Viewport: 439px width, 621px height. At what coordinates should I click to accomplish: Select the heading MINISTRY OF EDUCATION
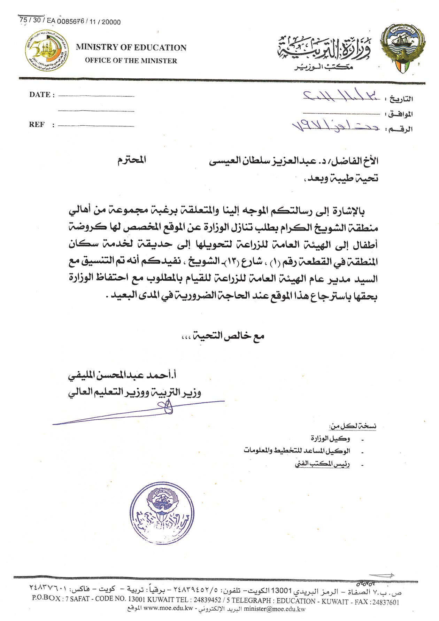[131, 48]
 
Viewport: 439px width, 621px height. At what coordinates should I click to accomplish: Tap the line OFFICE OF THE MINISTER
[131, 61]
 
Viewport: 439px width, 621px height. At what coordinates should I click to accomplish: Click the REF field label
[37, 125]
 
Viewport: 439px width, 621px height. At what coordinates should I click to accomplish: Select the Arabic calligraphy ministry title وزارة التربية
[324, 49]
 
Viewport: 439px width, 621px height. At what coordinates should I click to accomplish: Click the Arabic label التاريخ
[401, 99]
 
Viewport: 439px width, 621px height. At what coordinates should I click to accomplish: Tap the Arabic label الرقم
[401, 129]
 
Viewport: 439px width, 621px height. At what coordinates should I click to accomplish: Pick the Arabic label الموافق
[401, 114]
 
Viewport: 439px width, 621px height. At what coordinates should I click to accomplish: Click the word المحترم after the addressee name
[131, 161]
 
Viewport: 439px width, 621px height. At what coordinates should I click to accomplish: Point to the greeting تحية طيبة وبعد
[342, 178]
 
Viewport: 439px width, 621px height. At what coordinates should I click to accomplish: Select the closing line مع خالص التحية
[223, 336]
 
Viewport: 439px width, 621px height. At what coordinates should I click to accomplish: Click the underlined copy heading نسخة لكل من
[353, 426]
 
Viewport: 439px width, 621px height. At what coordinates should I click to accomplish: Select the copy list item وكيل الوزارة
[331, 438]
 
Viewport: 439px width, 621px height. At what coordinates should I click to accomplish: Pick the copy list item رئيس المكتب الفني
[322, 464]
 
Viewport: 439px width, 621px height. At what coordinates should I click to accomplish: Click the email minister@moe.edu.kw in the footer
[275, 609]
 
